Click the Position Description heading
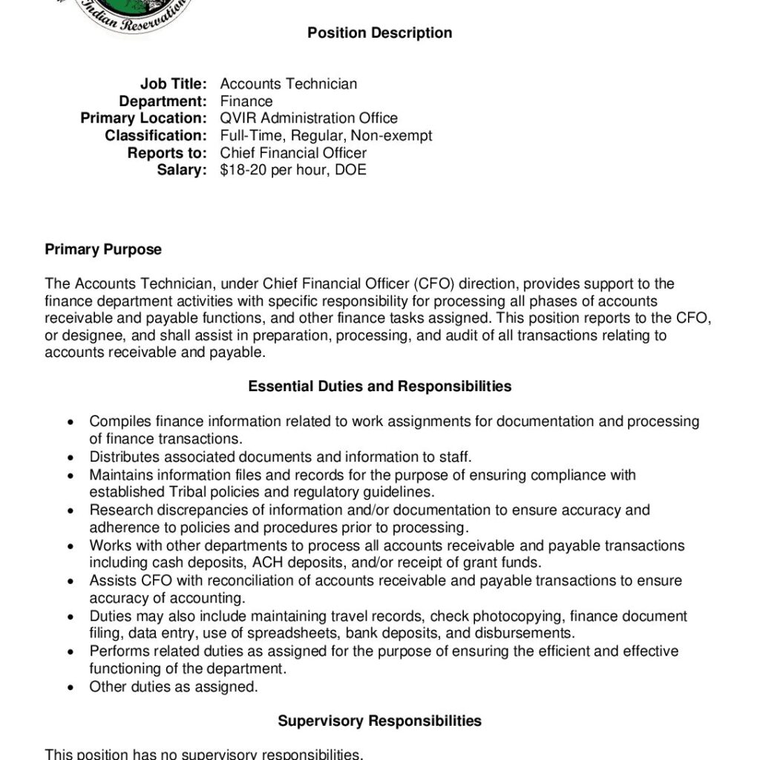click(x=379, y=33)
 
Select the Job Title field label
click(x=173, y=84)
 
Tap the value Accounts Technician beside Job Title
click(x=288, y=84)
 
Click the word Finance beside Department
click(x=246, y=101)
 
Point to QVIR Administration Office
click(x=309, y=118)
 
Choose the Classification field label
click(x=155, y=135)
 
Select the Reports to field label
click(x=166, y=153)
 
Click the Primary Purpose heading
click(x=103, y=249)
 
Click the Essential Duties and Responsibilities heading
click(x=379, y=386)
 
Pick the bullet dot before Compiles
click(x=71, y=422)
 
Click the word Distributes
click(x=123, y=457)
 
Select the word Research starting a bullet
click(x=120, y=510)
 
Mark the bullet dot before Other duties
click(x=71, y=687)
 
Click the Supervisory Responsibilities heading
click(x=379, y=721)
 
